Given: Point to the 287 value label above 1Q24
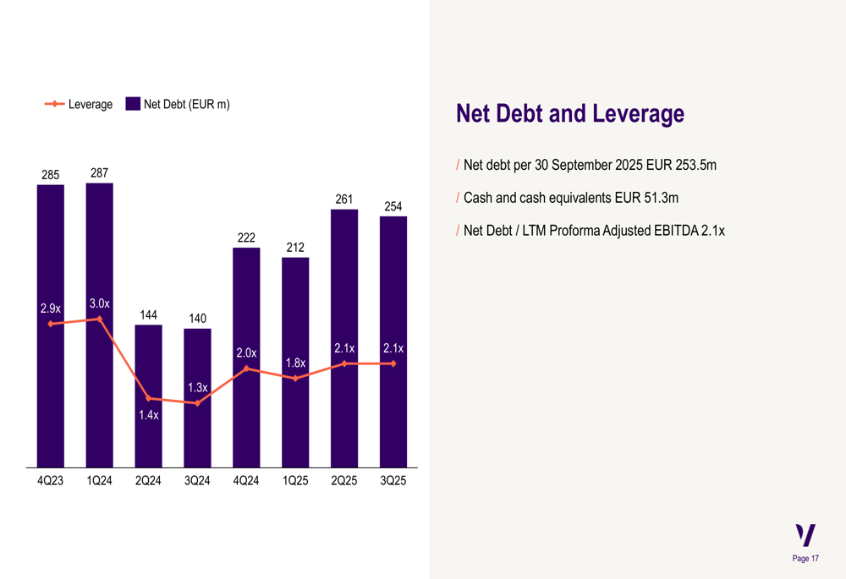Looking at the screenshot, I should [100, 173].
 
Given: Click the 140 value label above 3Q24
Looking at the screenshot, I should [197, 319].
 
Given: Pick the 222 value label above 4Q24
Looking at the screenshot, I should [246, 238].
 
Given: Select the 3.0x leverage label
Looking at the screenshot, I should [100, 303].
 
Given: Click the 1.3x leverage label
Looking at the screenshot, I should [197, 388].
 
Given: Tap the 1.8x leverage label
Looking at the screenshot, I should [295, 363].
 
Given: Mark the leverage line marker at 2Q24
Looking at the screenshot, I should [148, 398].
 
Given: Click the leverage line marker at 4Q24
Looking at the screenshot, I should [246, 369].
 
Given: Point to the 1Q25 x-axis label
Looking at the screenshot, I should [295, 481].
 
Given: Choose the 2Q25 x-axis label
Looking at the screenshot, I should [344, 481].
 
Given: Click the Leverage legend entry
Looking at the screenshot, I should [79, 104].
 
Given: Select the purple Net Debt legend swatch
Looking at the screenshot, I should [133, 104].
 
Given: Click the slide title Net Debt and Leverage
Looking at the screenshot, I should [569, 113].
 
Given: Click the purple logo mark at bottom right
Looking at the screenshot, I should [806, 535].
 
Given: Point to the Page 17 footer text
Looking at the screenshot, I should [805, 559].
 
